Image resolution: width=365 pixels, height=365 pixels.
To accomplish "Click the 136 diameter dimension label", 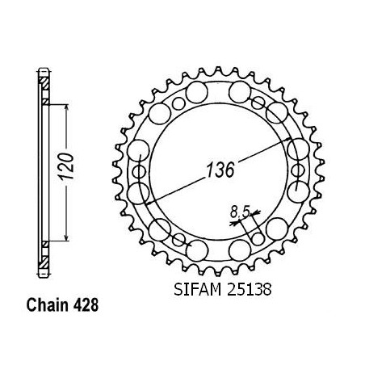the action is point(220,170).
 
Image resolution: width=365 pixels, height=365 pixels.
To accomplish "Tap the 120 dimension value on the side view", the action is point(65,166).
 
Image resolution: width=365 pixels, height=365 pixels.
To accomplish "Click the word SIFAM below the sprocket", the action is point(197,290).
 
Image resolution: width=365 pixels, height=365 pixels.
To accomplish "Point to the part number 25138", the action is point(250,290).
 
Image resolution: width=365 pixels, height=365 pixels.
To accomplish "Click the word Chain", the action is point(47,305).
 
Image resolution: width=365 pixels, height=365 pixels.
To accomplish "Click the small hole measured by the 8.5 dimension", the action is point(258,239).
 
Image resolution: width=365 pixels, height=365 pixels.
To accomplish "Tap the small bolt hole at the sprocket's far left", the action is point(139,171).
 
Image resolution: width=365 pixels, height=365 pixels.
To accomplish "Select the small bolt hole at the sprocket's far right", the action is point(298,170).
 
